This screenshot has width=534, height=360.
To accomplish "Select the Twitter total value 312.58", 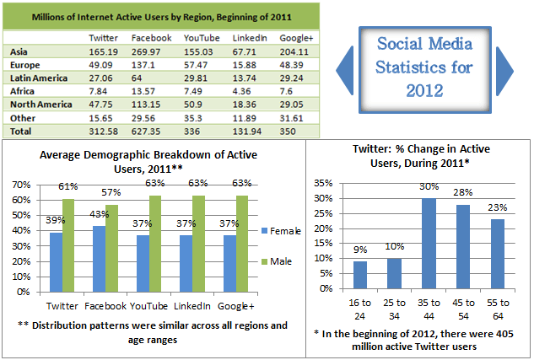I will [105, 132].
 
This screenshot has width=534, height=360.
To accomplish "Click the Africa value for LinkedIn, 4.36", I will [243, 91].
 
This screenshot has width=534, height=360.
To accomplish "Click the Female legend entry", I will [285, 229].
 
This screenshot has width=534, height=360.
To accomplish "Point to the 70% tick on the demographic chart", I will [19, 185].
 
